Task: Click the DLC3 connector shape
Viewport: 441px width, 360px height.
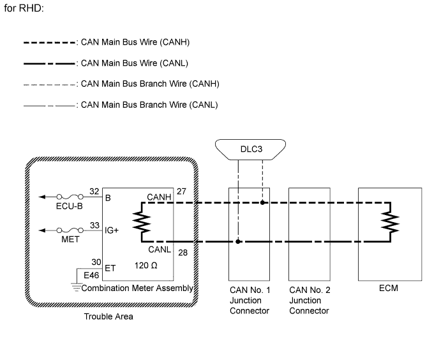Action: pyautogui.click(x=250, y=149)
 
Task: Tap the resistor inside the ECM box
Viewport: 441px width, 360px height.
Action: pyautogui.click(x=390, y=222)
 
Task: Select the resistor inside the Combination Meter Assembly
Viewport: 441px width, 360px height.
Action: pyautogui.click(x=142, y=222)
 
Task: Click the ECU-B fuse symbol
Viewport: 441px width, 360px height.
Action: pyautogui.click(x=70, y=197)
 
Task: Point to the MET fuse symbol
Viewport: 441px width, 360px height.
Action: pyautogui.click(x=70, y=230)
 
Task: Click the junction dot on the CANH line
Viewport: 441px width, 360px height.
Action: pyautogui.click(x=262, y=202)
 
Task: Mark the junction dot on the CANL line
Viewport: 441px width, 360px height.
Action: pyautogui.click(x=238, y=241)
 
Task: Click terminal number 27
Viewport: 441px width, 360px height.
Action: pyautogui.click(x=181, y=191)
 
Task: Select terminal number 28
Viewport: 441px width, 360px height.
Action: pyautogui.click(x=183, y=253)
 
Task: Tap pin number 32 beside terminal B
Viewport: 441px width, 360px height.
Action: pyautogui.click(x=94, y=191)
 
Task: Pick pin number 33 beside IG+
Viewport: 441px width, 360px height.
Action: pyautogui.click(x=95, y=225)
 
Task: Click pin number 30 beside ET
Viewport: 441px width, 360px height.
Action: pyautogui.click(x=96, y=262)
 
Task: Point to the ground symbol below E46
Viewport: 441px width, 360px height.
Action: pyautogui.click(x=76, y=287)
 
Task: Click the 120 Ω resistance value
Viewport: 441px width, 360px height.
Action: pyautogui.click(x=146, y=266)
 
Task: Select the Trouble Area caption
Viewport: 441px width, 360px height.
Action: pyautogui.click(x=108, y=317)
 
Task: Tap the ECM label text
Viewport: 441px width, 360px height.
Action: pyautogui.click(x=389, y=288)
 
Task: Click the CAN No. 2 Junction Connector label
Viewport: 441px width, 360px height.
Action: pyautogui.click(x=310, y=301)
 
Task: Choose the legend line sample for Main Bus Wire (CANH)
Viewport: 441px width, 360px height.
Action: pyautogui.click(x=50, y=43)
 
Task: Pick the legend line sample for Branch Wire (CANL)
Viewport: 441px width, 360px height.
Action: pyautogui.click(x=50, y=106)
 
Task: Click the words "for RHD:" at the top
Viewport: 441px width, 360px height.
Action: pyautogui.click(x=24, y=8)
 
